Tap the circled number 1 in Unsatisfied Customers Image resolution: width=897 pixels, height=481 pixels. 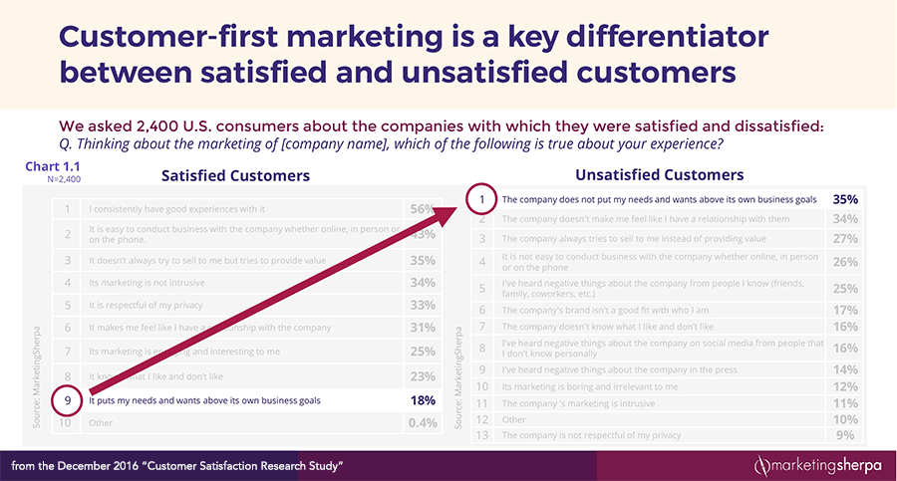481,199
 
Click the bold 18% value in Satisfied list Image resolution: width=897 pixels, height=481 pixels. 423,400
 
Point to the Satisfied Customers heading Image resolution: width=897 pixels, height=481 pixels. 235,175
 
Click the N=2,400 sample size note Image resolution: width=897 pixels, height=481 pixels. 64,179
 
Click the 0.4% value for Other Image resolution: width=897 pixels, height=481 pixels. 422,422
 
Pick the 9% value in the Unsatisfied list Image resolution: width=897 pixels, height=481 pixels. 845,435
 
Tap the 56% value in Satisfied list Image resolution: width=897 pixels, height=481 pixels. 422,209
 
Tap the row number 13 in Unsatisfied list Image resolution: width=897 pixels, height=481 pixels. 481,435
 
